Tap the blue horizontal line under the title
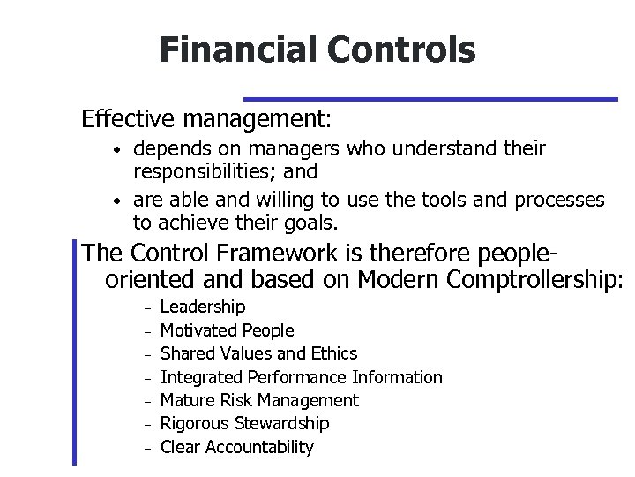coord(430,99)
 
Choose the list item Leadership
coord(203,307)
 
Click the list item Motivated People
coord(228,330)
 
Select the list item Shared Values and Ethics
coord(258,353)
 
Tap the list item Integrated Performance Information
coord(301,377)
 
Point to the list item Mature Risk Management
coord(259,400)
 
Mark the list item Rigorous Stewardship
coord(244,424)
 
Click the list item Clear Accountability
coord(236,447)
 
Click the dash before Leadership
coord(149,307)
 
